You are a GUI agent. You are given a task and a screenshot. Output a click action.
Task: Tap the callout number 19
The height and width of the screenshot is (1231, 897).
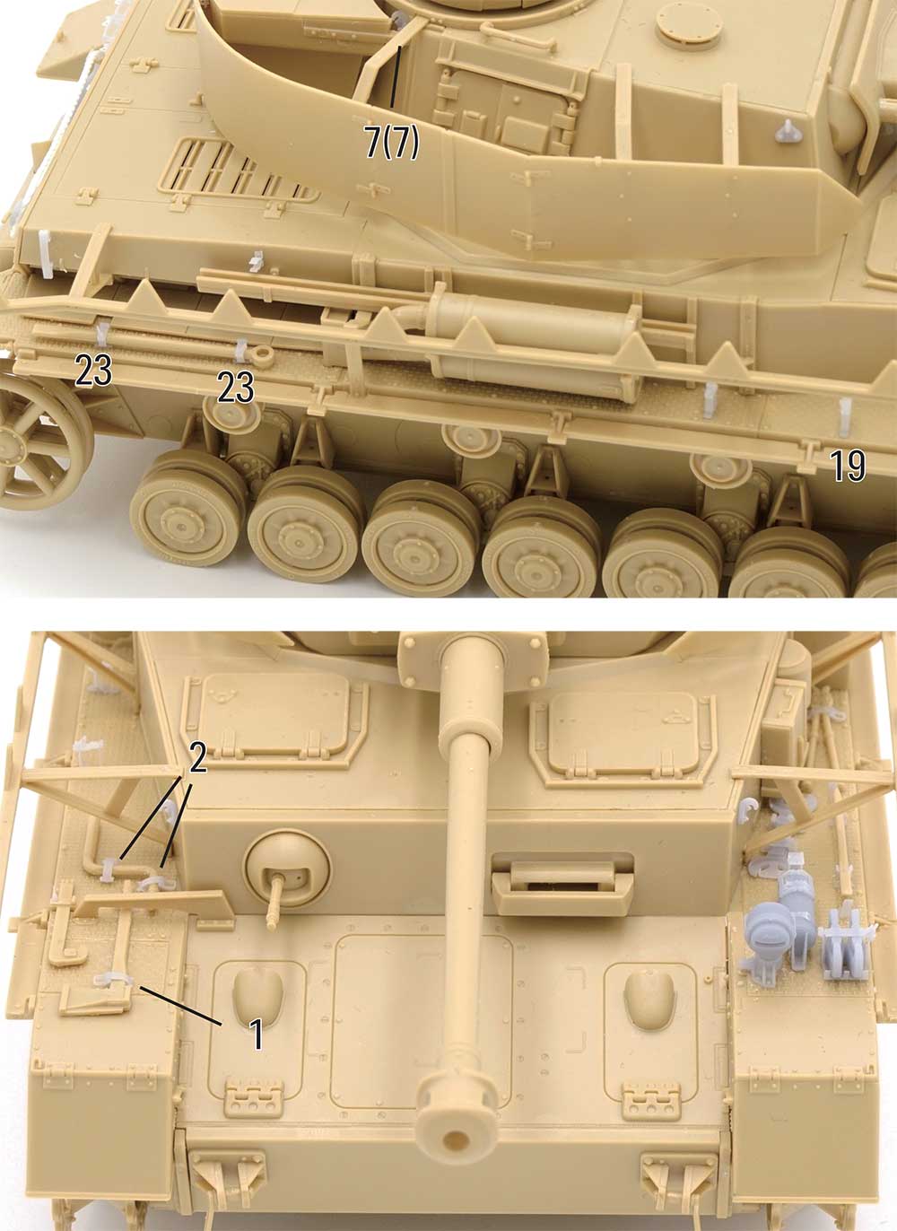click(848, 466)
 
